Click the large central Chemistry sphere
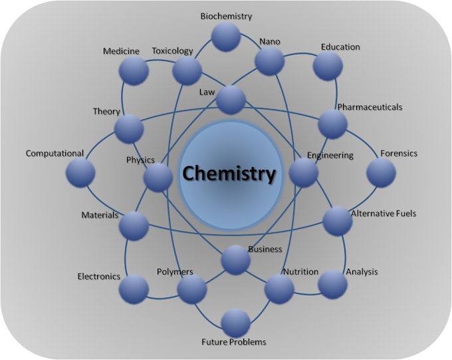click(x=231, y=175)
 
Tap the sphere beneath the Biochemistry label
click(x=226, y=37)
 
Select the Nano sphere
click(x=269, y=61)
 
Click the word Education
click(x=340, y=47)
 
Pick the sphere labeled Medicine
click(x=134, y=71)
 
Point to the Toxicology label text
click(x=172, y=51)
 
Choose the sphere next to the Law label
click(x=231, y=100)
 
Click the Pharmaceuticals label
click(x=370, y=107)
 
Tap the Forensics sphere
click(x=381, y=172)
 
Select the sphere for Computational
click(x=80, y=172)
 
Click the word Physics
click(x=140, y=160)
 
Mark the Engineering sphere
click(x=304, y=172)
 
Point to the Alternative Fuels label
click(x=384, y=214)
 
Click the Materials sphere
click(x=134, y=226)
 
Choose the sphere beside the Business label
click(x=235, y=260)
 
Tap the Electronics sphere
click(x=134, y=289)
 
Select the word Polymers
click(x=175, y=272)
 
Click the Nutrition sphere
click(x=279, y=289)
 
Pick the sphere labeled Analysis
click(x=332, y=284)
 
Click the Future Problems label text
click(x=234, y=342)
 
